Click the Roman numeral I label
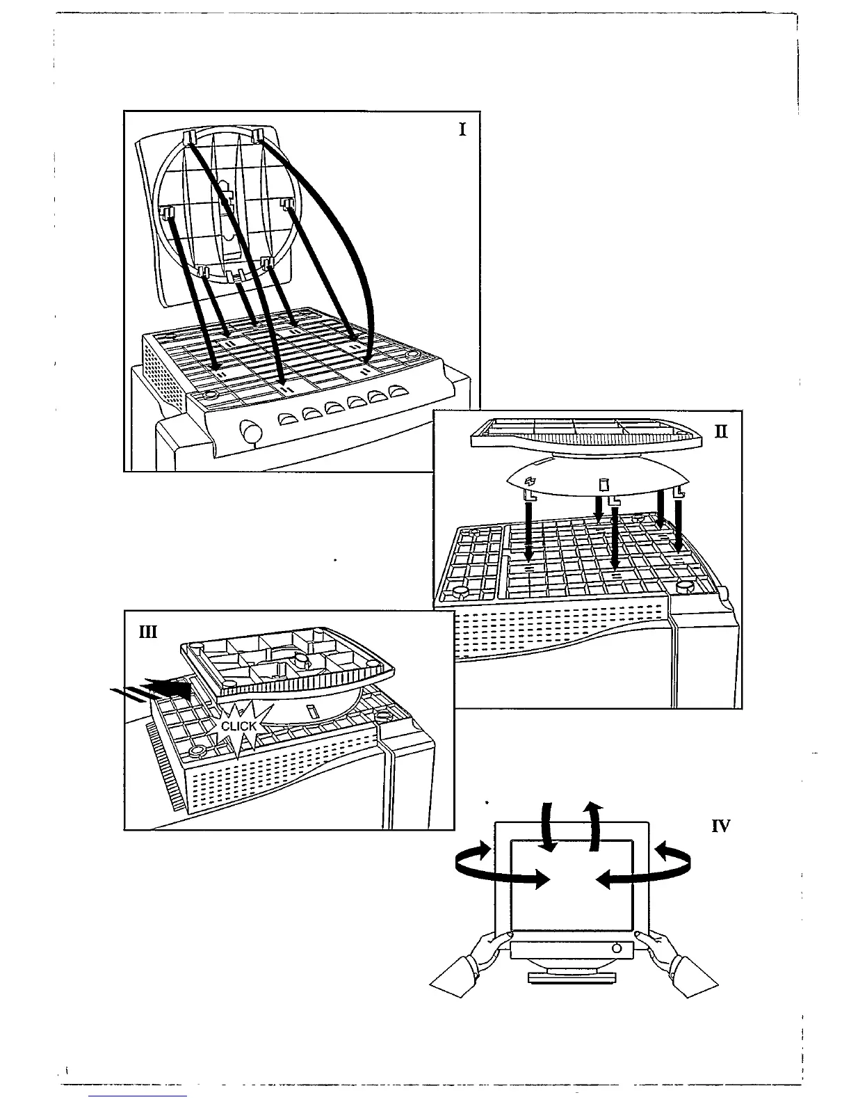point(462,129)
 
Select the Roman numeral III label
point(147,632)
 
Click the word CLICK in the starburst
point(238,726)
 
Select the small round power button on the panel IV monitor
point(616,948)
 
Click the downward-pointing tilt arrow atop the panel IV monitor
point(548,828)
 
